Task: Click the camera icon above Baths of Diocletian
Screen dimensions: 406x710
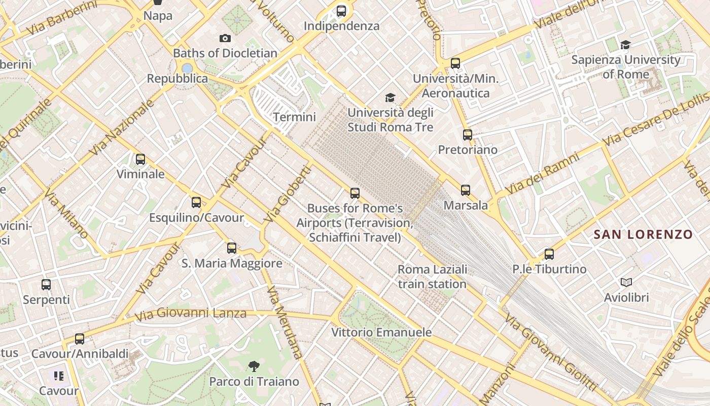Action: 225,38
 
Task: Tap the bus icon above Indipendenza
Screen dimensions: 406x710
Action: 341,11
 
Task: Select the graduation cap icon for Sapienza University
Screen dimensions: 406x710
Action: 625,45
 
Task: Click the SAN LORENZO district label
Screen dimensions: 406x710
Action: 643,234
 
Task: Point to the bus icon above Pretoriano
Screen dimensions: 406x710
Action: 468,135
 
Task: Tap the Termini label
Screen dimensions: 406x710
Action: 294,117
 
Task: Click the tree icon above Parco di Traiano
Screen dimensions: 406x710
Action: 254,366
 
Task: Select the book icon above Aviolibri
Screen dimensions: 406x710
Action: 626,282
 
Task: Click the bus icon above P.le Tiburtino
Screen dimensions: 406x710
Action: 549,254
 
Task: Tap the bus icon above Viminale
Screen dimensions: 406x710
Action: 140,159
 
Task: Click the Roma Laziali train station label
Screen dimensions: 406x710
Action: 432,277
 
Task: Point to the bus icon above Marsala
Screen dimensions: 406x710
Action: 466,190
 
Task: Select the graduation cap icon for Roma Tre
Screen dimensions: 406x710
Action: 390,97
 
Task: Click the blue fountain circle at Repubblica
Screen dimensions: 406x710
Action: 187,68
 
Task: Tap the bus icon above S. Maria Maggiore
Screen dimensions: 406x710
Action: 232,248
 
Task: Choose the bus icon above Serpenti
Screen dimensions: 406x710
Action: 46,285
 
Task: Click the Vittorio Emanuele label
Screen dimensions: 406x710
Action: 381,332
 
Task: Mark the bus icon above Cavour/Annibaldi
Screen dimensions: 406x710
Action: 80,339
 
